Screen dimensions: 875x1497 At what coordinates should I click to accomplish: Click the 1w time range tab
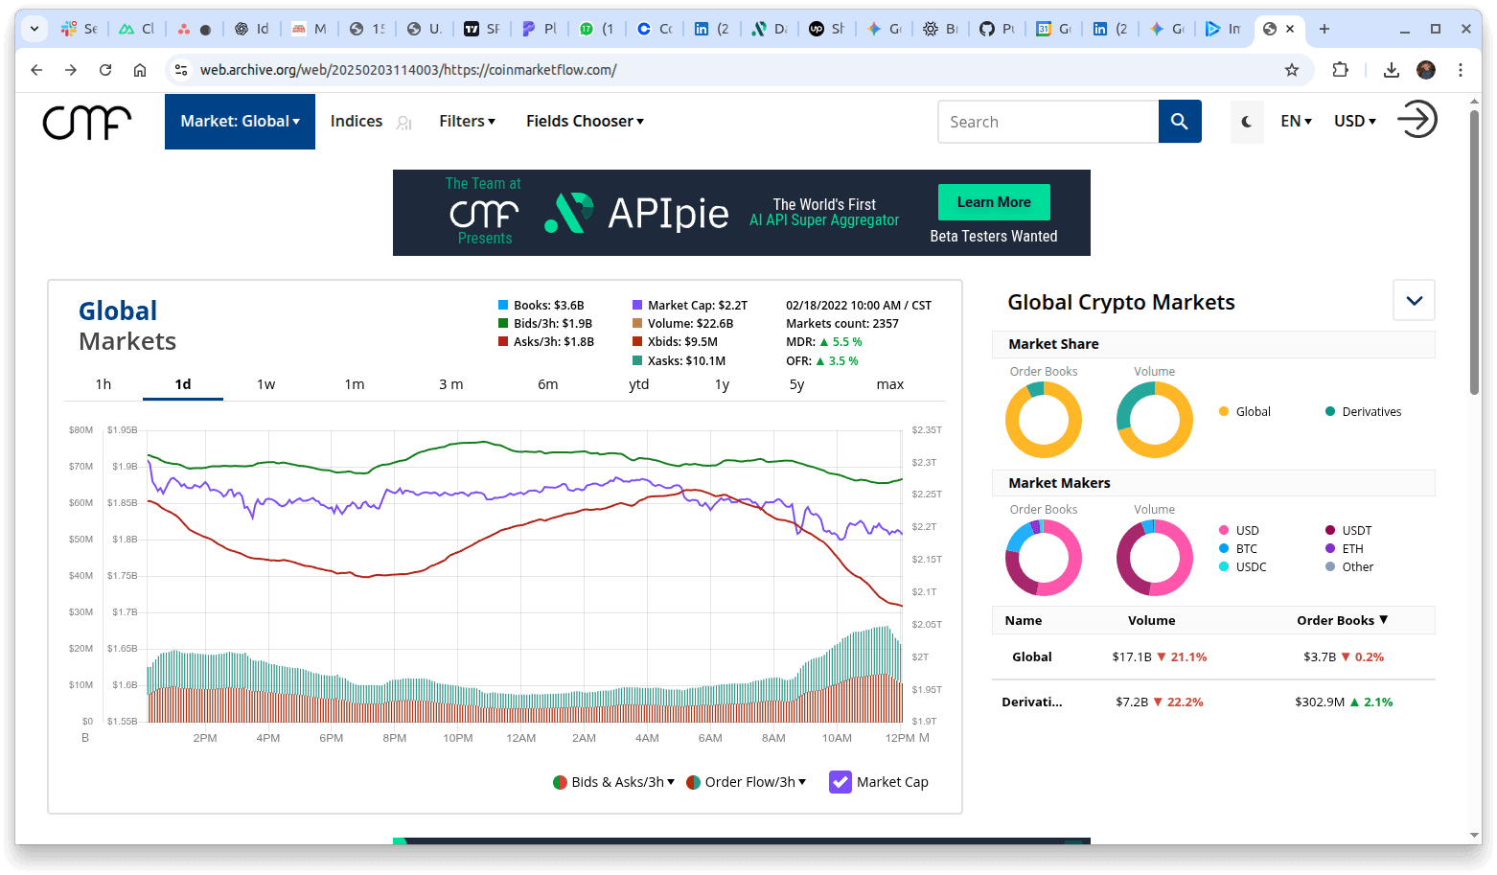(265, 384)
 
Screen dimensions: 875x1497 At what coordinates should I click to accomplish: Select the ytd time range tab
(638, 384)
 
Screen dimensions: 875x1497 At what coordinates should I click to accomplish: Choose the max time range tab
(889, 384)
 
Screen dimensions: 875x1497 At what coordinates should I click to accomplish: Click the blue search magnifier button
(1180, 122)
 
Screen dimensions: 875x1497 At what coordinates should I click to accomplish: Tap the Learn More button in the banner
(994, 202)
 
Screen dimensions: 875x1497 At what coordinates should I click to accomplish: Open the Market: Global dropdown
(240, 122)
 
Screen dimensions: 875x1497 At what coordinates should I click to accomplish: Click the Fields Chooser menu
(585, 122)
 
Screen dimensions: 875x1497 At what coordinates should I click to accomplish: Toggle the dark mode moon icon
(1247, 122)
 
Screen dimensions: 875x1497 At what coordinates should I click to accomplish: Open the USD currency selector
(1354, 122)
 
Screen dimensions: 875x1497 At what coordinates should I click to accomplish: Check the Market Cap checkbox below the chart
(841, 782)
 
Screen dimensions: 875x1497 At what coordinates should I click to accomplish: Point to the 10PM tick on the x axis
(458, 738)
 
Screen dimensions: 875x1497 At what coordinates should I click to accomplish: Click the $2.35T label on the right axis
(927, 430)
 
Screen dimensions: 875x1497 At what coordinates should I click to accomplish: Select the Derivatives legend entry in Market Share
(1370, 412)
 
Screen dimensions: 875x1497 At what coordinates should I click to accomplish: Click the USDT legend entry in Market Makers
(1356, 531)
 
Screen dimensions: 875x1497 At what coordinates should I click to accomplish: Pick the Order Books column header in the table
(1342, 621)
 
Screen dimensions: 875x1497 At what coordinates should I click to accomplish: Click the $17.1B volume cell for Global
(1132, 657)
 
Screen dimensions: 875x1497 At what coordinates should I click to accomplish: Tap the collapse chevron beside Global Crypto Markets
(1414, 301)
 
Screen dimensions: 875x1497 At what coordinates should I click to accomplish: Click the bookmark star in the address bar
(1292, 70)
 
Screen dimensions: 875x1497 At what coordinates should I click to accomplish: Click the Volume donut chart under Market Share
(1155, 420)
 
